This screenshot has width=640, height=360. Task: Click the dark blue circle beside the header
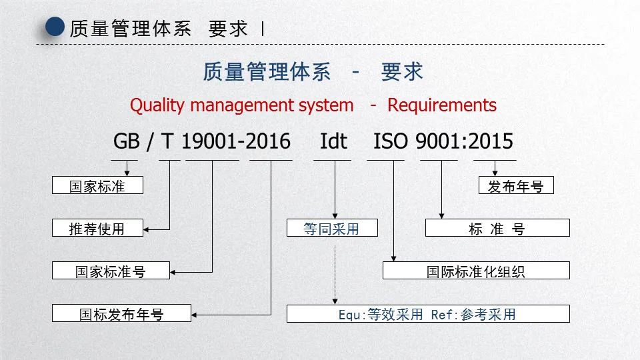click(55, 28)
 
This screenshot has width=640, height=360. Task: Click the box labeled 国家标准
click(97, 185)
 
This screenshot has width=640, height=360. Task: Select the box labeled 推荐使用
click(97, 228)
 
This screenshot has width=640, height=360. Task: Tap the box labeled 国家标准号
click(111, 271)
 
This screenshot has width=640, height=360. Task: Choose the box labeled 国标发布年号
click(121, 313)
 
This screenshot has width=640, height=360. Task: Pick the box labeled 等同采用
click(331, 228)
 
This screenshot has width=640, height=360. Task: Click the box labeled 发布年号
click(516, 185)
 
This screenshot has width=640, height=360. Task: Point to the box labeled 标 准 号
click(497, 228)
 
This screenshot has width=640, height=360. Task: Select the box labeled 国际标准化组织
click(476, 271)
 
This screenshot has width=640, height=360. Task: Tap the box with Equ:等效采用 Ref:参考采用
click(428, 313)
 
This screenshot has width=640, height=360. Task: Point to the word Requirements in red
click(442, 105)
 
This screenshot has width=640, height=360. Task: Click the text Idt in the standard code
click(333, 141)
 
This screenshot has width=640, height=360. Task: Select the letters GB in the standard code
click(127, 141)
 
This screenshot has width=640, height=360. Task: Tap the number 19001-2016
click(236, 141)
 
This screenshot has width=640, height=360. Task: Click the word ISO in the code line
click(391, 141)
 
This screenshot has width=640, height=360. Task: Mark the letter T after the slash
click(169, 141)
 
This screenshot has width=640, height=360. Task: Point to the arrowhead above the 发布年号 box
click(495, 173)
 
